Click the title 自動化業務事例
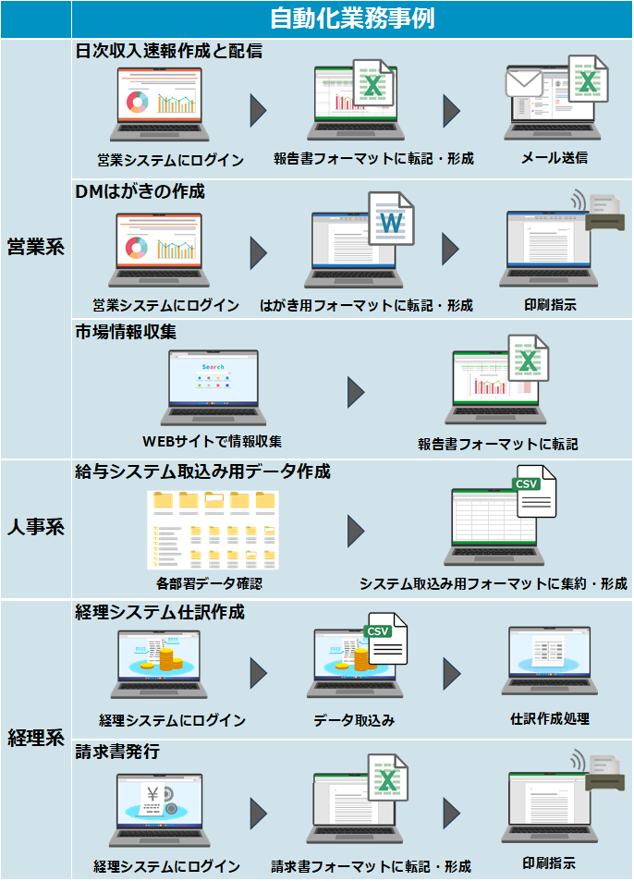[x=351, y=18]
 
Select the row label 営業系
[x=35, y=247]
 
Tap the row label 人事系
[x=35, y=528]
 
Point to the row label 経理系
[x=35, y=739]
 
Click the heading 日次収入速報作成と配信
[x=168, y=52]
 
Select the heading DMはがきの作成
[x=140, y=192]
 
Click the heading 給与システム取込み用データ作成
[x=202, y=471]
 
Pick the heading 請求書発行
[x=117, y=753]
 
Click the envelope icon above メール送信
[x=523, y=84]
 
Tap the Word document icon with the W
[x=391, y=220]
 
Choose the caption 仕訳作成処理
[x=550, y=718]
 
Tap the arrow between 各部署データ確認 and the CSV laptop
[x=356, y=531]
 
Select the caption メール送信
[x=554, y=157]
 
